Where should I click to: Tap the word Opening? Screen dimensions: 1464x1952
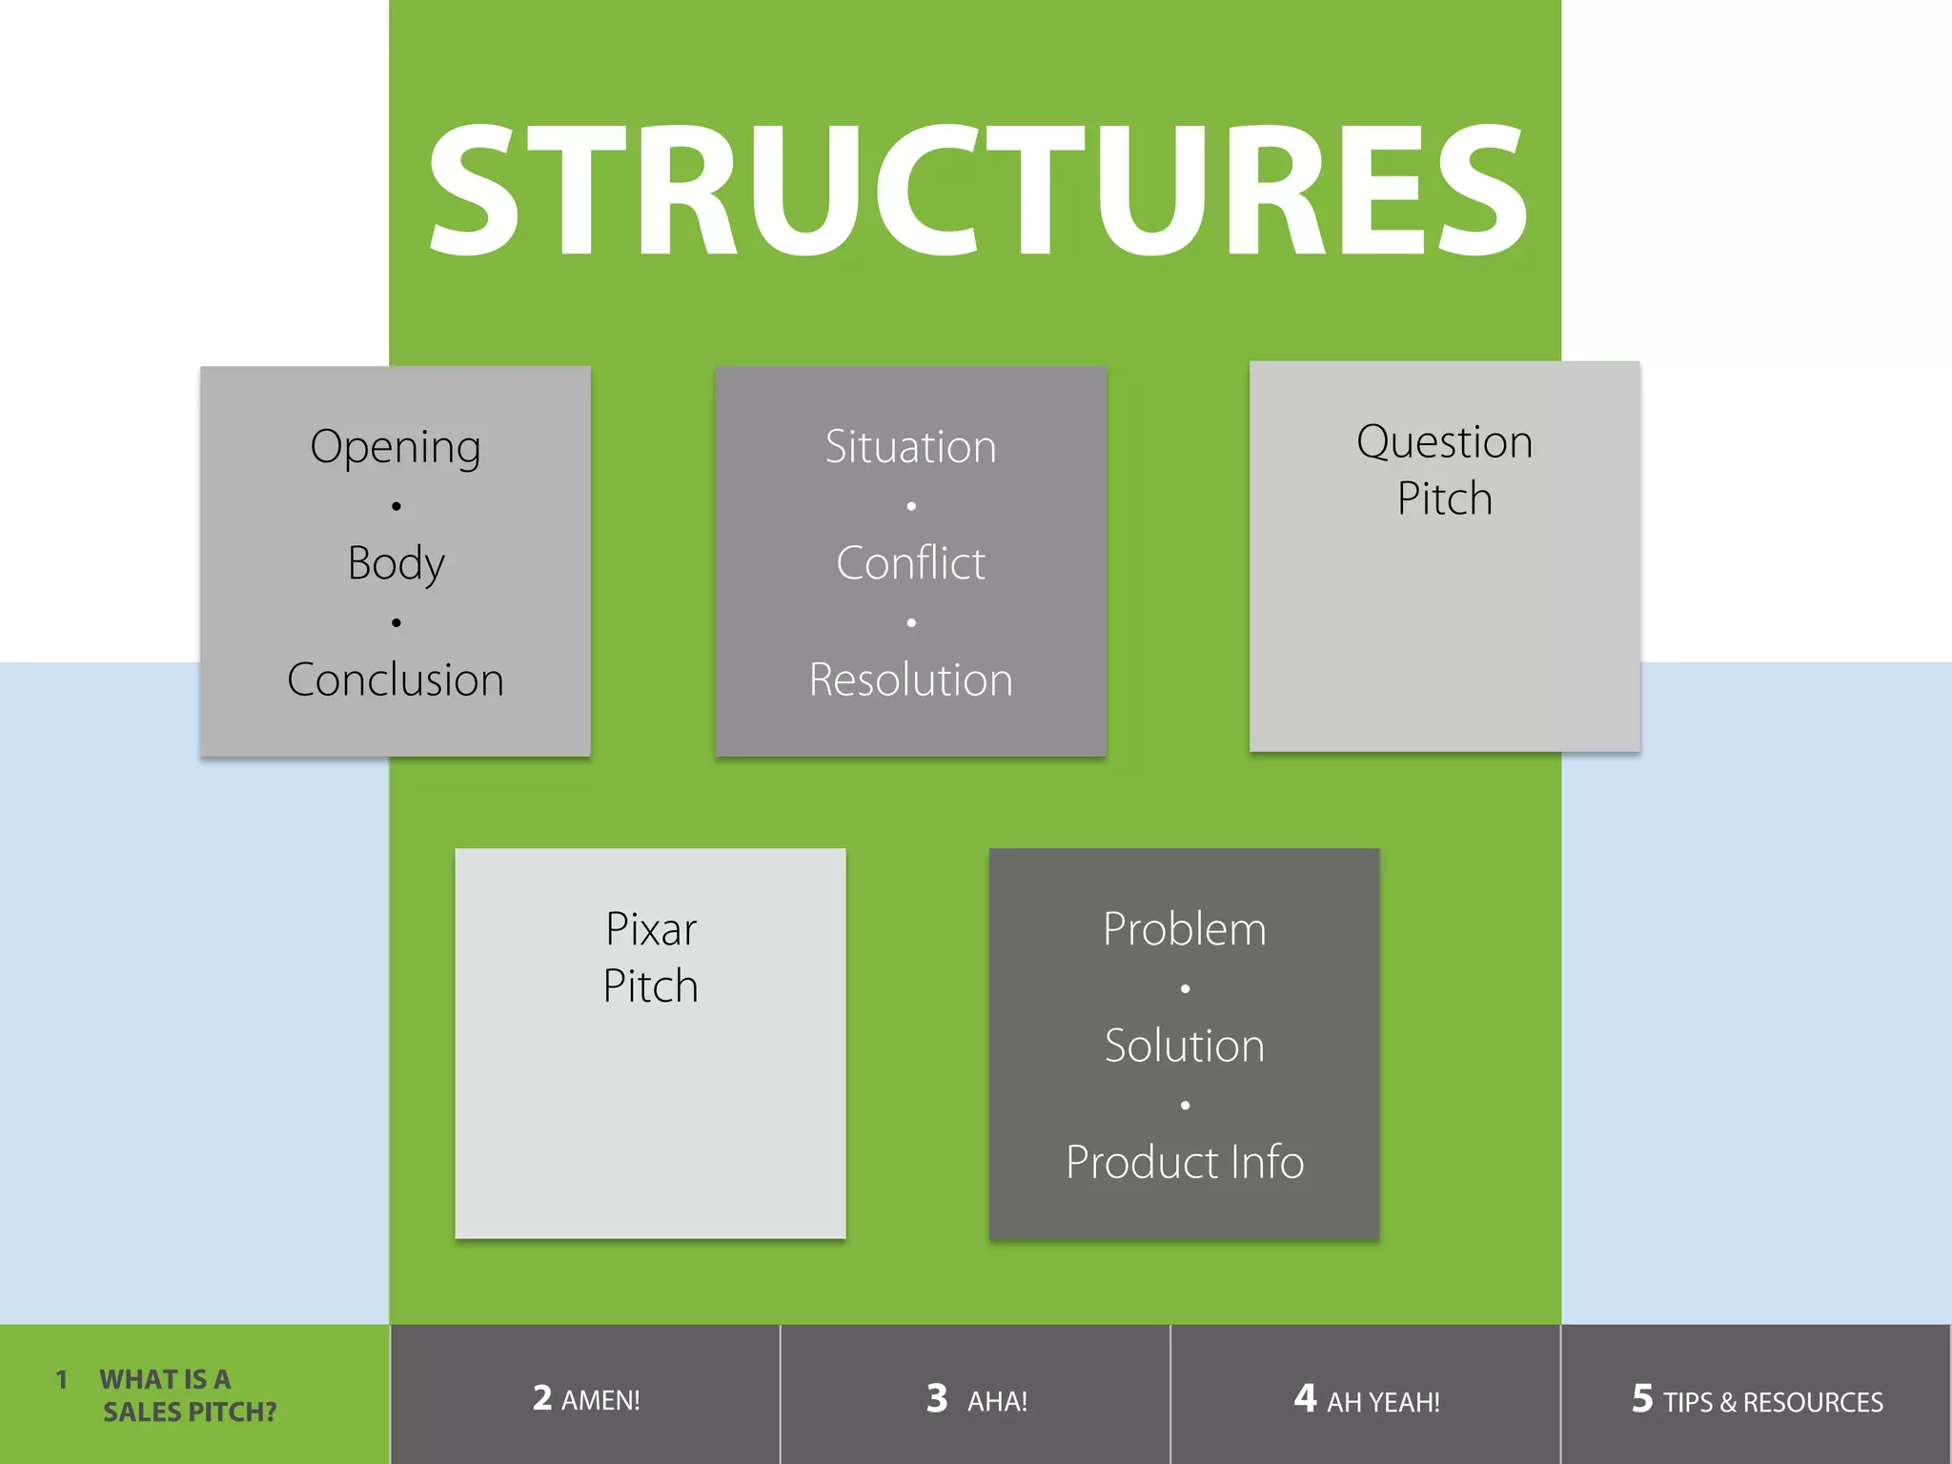[x=396, y=447]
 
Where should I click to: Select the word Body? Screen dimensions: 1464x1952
[x=396, y=563]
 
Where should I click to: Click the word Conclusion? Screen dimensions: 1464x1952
[x=396, y=680]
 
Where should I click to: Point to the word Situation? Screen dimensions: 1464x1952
[x=910, y=447]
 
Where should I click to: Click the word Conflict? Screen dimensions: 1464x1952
[x=910, y=563]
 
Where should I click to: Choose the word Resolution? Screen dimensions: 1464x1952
[x=910, y=680]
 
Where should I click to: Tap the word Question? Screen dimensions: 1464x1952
[x=1444, y=442]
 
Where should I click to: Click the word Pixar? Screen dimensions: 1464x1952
[x=651, y=929]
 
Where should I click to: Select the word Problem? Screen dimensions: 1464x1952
[x=1185, y=929]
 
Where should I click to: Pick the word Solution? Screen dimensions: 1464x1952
[x=1185, y=1046]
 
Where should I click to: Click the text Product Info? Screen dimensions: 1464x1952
[x=1185, y=1162]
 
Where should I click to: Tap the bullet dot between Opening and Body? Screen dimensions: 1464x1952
[x=396, y=506]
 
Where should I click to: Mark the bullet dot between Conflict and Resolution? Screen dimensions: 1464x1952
[x=911, y=622]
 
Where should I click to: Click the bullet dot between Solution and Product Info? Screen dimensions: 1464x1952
[x=1185, y=1105]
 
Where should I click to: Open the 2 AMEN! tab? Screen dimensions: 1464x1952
[x=585, y=1398]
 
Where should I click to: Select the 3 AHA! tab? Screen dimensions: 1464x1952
[x=976, y=1398]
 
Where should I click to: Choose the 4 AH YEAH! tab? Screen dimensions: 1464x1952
[x=1366, y=1398]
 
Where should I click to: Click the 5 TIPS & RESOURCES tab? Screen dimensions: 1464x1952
[x=1757, y=1398]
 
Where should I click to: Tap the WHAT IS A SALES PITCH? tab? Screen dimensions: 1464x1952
[x=181, y=1394]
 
